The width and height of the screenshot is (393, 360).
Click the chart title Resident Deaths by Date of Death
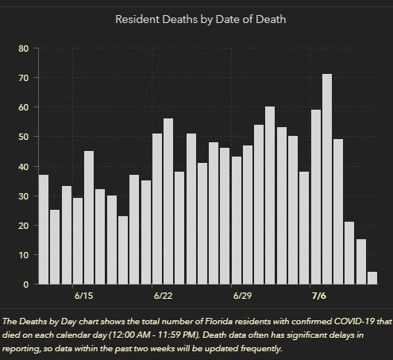pyautogui.click(x=201, y=20)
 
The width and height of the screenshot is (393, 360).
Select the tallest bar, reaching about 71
pyautogui.click(x=327, y=179)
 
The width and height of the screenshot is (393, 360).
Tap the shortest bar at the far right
pyautogui.click(x=372, y=278)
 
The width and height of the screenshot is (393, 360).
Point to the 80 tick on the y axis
pyautogui.click(x=23, y=48)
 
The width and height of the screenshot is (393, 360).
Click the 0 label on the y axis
pyautogui.click(x=26, y=285)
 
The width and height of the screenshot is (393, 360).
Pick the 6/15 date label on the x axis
pyautogui.click(x=83, y=296)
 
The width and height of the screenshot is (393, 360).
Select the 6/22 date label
pyautogui.click(x=163, y=296)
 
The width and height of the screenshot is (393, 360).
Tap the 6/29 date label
pyautogui.click(x=242, y=296)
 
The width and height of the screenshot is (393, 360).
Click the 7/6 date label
pyautogui.click(x=319, y=296)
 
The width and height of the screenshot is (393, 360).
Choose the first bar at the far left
pyautogui.click(x=44, y=230)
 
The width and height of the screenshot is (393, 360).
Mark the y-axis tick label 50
pyautogui.click(x=23, y=137)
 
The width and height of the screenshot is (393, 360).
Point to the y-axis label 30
pyautogui.click(x=23, y=196)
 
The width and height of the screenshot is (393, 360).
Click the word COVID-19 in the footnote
pyautogui.click(x=354, y=321)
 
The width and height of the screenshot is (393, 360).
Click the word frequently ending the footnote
pyautogui.click(x=260, y=349)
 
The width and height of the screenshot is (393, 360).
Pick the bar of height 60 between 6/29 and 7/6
pyautogui.click(x=270, y=195)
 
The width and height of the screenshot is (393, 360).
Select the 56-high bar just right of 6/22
pyautogui.click(x=168, y=201)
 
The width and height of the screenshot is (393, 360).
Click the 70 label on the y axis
pyautogui.click(x=23, y=78)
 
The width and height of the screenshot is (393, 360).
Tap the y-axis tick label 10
pyautogui.click(x=23, y=255)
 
